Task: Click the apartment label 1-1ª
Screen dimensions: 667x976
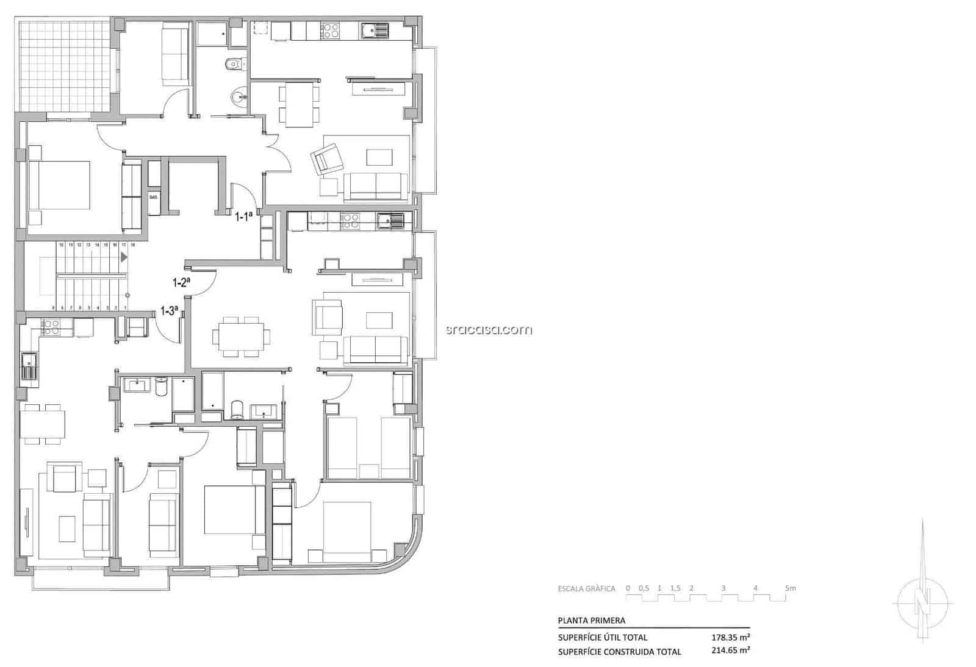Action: click(x=243, y=215)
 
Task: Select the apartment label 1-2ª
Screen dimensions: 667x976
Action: click(x=181, y=282)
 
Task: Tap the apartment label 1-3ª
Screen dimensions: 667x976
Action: click(x=169, y=310)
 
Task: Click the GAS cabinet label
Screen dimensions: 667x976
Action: click(x=153, y=197)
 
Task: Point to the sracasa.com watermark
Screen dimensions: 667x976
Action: click(x=489, y=330)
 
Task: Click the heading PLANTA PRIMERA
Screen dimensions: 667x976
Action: click(x=591, y=621)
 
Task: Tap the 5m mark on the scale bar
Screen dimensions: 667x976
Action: click(x=790, y=588)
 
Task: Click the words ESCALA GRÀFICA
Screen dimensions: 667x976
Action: click(x=586, y=589)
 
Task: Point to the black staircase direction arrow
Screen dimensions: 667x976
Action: click(x=124, y=257)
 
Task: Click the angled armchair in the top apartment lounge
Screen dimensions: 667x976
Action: click(x=328, y=159)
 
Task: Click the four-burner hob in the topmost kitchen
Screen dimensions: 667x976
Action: click(x=330, y=30)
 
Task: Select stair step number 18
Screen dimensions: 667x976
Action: click(x=132, y=244)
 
